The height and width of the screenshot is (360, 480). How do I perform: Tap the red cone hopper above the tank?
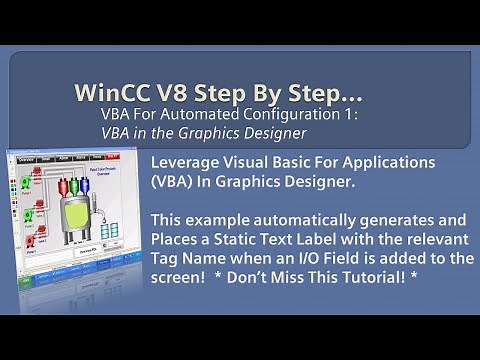[x=63, y=183]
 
